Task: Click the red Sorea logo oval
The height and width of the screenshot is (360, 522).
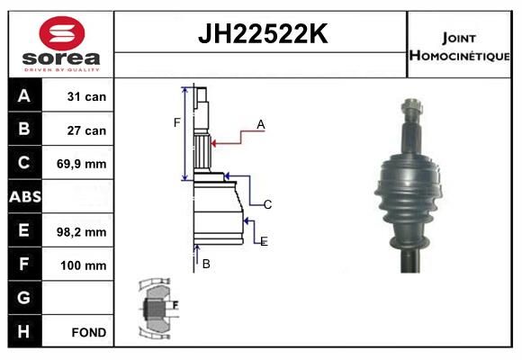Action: pyautogui.click(x=62, y=33)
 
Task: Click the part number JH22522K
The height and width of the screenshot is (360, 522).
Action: pyautogui.click(x=263, y=33)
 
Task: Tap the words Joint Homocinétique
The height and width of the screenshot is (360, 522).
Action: pyautogui.click(x=459, y=47)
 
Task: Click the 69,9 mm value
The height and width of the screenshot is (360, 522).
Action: pyautogui.click(x=82, y=164)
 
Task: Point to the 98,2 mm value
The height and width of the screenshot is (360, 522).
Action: pyautogui.click(x=82, y=232)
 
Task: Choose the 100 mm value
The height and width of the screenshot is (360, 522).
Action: pyautogui.click(x=84, y=265)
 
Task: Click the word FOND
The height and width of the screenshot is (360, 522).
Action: pyautogui.click(x=89, y=332)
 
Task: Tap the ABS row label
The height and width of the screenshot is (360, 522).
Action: pyautogui.click(x=25, y=196)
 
